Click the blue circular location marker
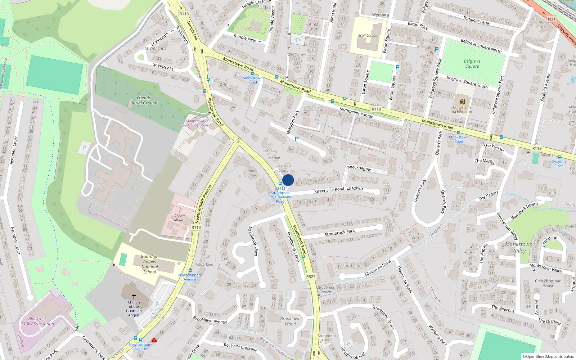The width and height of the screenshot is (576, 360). click(x=288, y=180)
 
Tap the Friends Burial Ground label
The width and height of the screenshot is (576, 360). click(x=144, y=100)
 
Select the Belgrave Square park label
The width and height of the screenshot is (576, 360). click(x=472, y=64)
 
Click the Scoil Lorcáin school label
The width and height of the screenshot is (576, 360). click(x=368, y=36)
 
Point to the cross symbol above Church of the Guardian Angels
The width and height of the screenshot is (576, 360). click(x=134, y=296)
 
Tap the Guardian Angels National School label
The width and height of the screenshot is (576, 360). click(x=150, y=264)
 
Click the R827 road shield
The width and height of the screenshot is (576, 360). click(x=310, y=276)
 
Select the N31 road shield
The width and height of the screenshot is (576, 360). click(x=551, y=19)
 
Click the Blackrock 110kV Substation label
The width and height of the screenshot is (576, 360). click(x=37, y=321)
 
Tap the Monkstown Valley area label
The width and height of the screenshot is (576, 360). click(x=518, y=247)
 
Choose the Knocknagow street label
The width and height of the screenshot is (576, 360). click(x=359, y=168)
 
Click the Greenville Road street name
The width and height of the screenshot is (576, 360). click(x=329, y=190)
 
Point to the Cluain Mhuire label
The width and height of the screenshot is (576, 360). click(x=180, y=217)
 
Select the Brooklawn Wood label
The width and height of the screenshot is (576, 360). click(x=290, y=321)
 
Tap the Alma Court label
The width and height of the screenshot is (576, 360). click(x=314, y=27)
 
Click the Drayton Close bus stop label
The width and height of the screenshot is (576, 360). click(x=559, y=164)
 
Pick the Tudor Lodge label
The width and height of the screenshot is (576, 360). click(x=251, y=173)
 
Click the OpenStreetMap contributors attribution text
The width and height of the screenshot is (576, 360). click(x=548, y=357)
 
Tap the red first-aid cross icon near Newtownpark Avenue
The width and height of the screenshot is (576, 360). click(x=154, y=340)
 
